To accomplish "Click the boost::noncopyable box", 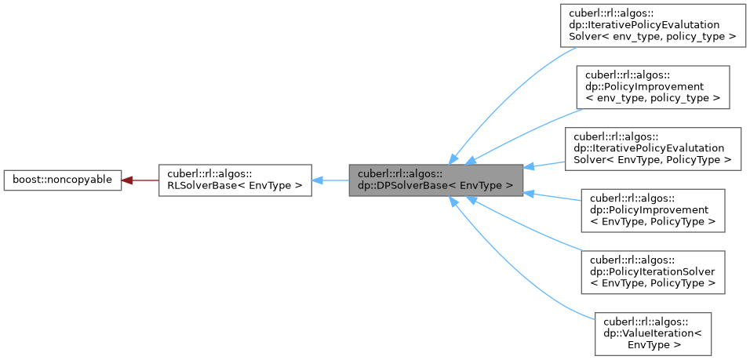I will click(62, 180).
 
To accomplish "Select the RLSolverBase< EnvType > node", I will click(235, 180).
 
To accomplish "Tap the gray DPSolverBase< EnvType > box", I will click(435, 180).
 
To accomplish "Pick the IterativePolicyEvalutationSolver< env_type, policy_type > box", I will click(652, 26).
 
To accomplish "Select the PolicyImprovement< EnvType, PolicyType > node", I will click(652, 209).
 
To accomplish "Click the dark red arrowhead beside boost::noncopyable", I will click(126, 180).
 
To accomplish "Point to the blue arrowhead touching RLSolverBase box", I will click(318, 180).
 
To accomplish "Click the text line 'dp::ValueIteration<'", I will click(653, 333).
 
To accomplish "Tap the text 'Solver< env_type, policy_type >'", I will click(652, 37).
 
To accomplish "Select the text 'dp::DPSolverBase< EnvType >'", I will click(435, 186).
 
